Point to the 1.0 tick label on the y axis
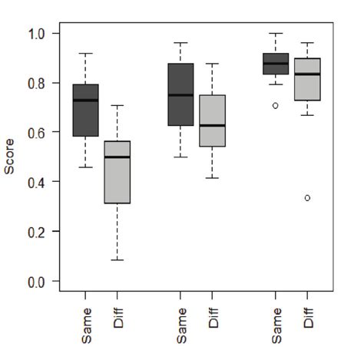pos(38,34)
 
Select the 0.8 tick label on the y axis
pos(38,83)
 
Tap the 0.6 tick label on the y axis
pos(38,132)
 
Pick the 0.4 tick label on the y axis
pos(38,182)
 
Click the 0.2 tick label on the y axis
pos(38,231)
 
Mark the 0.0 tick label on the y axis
pos(38,281)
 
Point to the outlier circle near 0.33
pos(308,198)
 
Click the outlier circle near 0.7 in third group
pos(276,106)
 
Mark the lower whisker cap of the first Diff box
pos(117,260)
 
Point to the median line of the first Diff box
pos(117,157)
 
